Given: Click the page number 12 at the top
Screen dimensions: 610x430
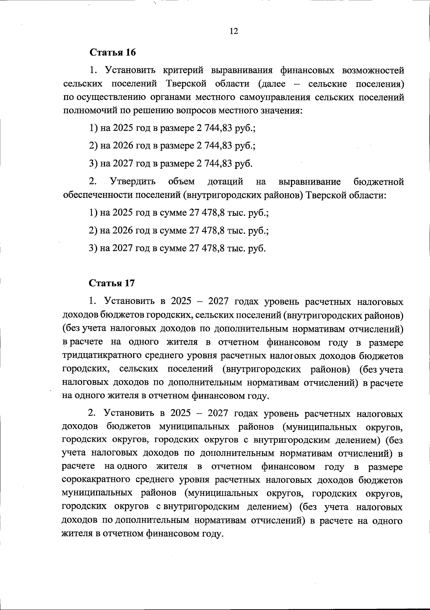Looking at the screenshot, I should point(233,31).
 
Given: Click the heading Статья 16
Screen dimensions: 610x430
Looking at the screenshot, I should point(113,52).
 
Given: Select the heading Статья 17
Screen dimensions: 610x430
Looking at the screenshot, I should point(112,283).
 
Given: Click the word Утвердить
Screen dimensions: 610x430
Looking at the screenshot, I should point(133,182).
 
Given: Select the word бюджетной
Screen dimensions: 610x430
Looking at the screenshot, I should point(379,182).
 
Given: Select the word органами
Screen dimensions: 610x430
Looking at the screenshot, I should point(170,97).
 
